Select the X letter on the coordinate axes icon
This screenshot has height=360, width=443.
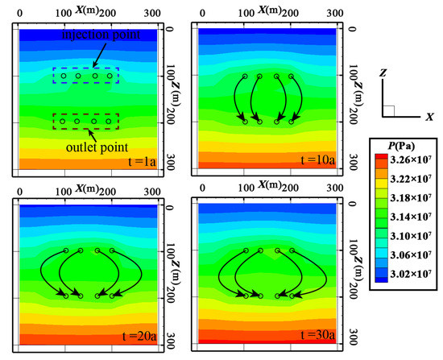pos(431,117)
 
